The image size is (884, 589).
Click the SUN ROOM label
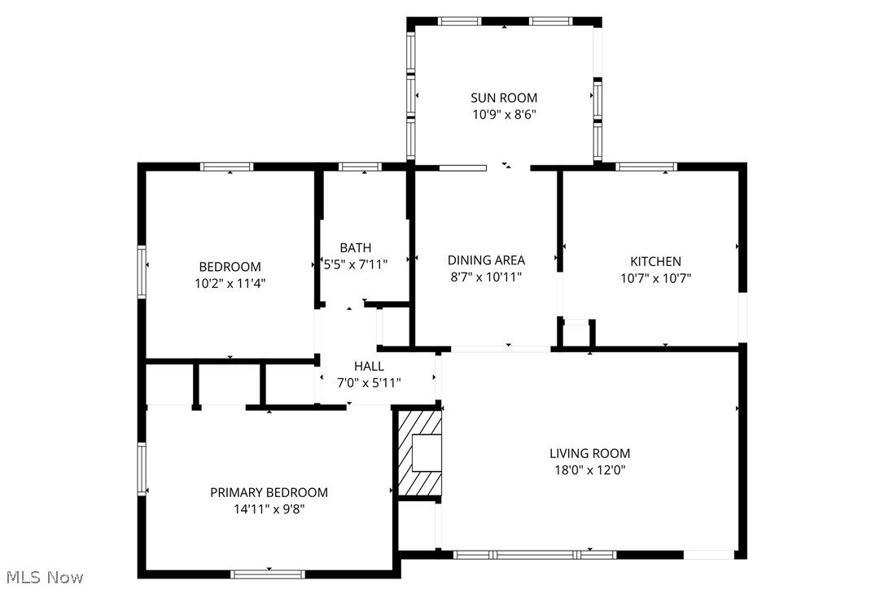click(504, 98)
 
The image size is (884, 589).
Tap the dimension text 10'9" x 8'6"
click(504, 115)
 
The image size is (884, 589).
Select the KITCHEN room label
click(655, 261)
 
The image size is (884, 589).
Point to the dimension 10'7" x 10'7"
click(655, 277)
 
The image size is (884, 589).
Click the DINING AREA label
click(486, 260)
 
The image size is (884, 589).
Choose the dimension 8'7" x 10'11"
click(486, 277)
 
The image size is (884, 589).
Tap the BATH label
click(356, 247)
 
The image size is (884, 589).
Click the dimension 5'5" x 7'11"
click(356, 264)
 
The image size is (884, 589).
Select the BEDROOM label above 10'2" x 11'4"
click(230, 267)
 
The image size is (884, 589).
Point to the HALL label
click(369, 366)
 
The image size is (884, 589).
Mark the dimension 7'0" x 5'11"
click(369, 382)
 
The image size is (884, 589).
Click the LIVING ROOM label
click(589, 453)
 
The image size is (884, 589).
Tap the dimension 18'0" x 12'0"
click(589, 469)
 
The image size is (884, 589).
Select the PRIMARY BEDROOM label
click(269, 492)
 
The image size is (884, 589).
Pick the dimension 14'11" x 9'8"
click(269, 509)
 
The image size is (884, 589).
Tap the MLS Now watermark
click(42, 578)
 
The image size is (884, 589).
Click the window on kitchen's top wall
click(646, 167)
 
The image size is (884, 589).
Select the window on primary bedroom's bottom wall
click(268, 574)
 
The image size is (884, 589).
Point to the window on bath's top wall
click(360, 167)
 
